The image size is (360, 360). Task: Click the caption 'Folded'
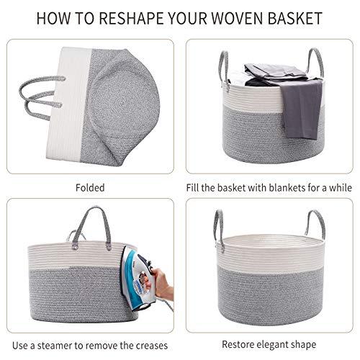90,188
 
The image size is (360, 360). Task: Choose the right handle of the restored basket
315,227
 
